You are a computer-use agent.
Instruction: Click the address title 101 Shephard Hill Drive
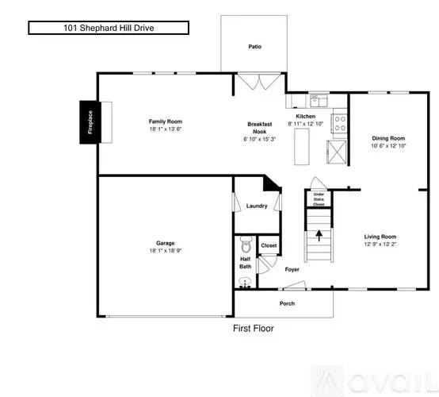click(x=109, y=28)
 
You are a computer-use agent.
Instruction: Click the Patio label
click(x=254, y=47)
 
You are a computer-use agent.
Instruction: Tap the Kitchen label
click(x=306, y=116)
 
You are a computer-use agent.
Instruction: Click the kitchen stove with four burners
click(x=339, y=123)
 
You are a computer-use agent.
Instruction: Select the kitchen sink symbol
click(x=317, y=100)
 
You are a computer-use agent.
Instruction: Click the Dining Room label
click(x=389, y=138)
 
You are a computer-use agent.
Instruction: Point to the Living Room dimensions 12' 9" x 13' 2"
click(x=380, y=245)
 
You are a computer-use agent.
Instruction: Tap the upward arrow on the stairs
click(x=319, y=234)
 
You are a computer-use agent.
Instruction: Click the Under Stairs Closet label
click(x=319, y=199)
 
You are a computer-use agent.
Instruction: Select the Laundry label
click(x=257, y=206)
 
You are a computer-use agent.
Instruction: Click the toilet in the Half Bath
click(x=246, y=243)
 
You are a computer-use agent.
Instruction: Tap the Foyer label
click(x=292, y=270)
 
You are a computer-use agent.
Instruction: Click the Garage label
click(x=166, y=243)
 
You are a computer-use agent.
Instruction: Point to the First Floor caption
click(x=254, y=328)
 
